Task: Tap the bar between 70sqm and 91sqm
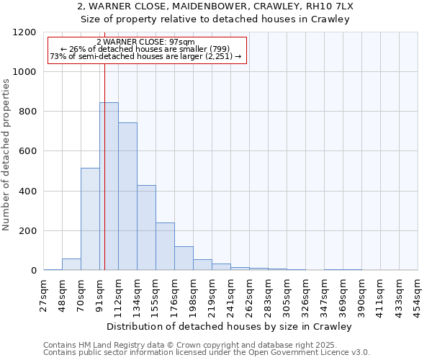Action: [x=90, y=219]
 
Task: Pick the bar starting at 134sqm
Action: [x=146, y=228]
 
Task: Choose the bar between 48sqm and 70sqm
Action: [x=71, y=264]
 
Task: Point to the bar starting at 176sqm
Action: [x=184, y=258]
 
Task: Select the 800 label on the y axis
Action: [x=29, y=112]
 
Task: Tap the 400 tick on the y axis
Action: [x=29, y=192]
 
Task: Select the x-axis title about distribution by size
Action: [x=230, y=327]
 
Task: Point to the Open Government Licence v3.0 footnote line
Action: [x=207, y=353]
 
